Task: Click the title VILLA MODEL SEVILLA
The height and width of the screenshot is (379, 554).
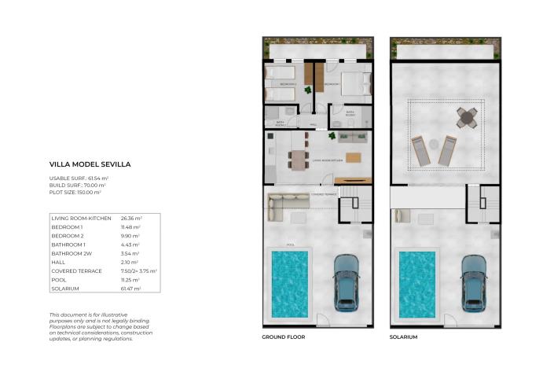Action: coord(90,165)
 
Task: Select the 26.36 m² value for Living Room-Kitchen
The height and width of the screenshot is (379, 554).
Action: coord(131,218)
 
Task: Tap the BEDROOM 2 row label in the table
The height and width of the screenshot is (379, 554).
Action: coord(67,235)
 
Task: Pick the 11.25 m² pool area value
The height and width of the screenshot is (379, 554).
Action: coord(130,280)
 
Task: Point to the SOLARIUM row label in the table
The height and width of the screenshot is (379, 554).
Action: coord(65,289)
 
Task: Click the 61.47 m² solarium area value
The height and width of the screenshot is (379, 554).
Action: coord(131,289)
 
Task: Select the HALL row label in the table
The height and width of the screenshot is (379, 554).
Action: coord(57,262)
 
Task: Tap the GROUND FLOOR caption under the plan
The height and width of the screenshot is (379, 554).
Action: coord(283,337)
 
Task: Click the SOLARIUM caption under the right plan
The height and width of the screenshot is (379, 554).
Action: coord(403,337)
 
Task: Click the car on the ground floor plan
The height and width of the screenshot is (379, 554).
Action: coord(347,281)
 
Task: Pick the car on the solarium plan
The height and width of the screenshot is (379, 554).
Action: coord(474,281)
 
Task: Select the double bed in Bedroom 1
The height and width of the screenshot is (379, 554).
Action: coord(351,83)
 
